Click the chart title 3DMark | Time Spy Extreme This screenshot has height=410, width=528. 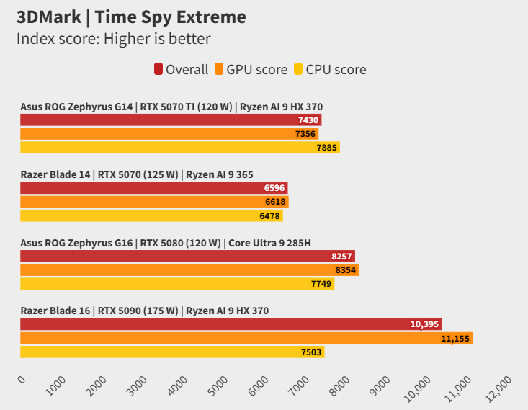131,17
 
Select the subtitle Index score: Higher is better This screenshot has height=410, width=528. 113,39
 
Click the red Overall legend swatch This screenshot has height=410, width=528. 158,70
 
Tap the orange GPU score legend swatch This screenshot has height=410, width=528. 219,70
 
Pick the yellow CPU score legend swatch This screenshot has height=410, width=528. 298,70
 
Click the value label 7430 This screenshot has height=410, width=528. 308,120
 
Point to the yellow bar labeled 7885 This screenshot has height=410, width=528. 180,148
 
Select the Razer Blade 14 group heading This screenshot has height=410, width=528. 137,174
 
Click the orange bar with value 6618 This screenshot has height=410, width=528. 154,202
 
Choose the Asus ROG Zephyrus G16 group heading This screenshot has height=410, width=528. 166,242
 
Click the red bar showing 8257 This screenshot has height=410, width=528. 187,256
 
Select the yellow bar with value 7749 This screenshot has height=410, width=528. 177,284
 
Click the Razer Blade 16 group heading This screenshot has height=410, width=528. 144,311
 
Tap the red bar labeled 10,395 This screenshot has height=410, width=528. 231,324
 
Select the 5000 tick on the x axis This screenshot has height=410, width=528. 217,386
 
